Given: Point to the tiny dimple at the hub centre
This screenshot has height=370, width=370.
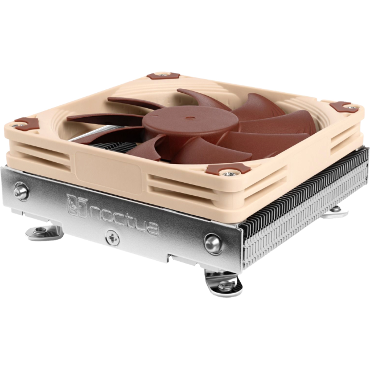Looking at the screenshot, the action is pyautogui.click(x=188, y=117).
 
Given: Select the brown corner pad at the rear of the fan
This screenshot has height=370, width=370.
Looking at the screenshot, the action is pyautogui.click(x=163, y=76).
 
